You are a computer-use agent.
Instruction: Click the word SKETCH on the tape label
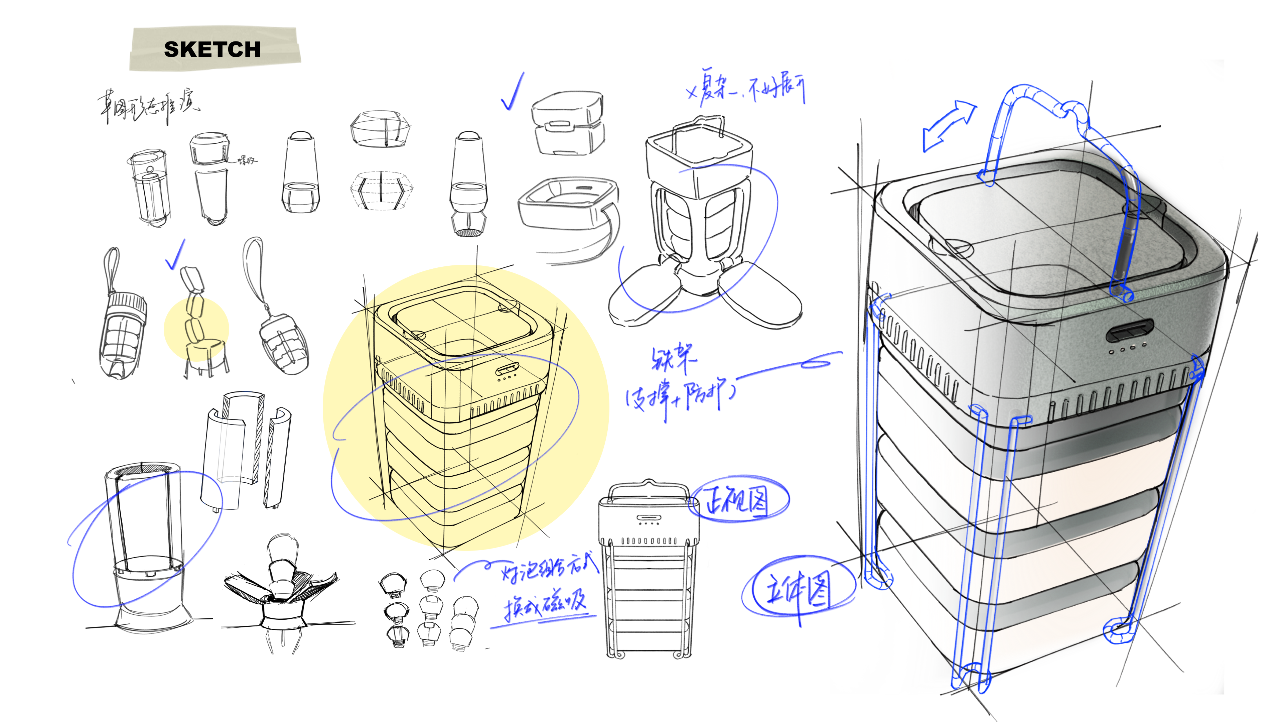click(212, 49)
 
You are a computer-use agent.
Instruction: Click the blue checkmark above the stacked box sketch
click(513, 92)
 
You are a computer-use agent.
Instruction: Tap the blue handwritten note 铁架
click(673, 358)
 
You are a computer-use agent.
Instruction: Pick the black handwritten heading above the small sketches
click(147, 107)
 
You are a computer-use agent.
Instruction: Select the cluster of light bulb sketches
click(428, 610)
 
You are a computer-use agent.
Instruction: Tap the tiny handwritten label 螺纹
click(247, 160)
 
